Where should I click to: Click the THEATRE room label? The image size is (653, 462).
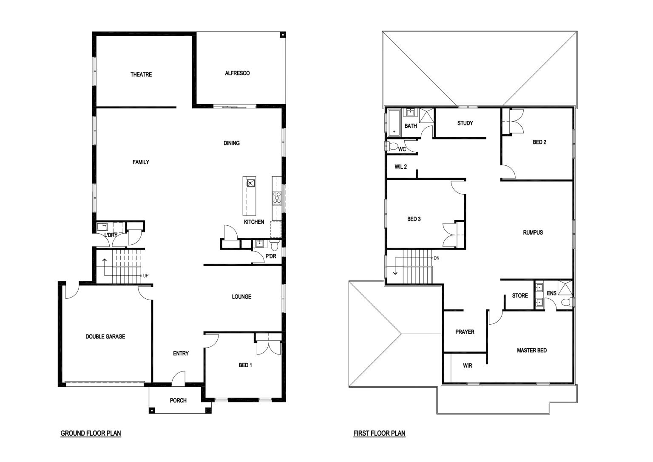(x=141, y=75)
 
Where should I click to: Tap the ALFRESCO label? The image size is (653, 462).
(x=237, y=73)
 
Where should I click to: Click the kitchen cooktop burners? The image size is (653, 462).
(x=277, y=198)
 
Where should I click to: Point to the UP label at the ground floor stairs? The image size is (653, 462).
(x=146, y=275)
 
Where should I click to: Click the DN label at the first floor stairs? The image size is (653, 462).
(x=437, y=258)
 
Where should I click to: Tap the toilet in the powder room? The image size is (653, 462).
(x=275, y=245)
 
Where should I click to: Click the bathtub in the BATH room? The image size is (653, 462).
(x=394, y=122)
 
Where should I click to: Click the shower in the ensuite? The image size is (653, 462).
(x=565, y=288)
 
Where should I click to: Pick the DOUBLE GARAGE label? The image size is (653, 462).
(x=105, y=336)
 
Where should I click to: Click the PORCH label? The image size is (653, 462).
(x=178, y=400)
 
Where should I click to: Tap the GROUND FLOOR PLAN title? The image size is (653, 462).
(x=91, y=434)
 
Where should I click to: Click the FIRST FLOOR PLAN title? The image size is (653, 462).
(x=379, y=434)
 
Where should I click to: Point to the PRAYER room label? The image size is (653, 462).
(x=465, y=332)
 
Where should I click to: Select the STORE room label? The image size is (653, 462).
(x=520, y=295)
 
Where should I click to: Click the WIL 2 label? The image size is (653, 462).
(x=400, y=167)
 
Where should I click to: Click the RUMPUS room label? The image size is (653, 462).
(x=533, y=232)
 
